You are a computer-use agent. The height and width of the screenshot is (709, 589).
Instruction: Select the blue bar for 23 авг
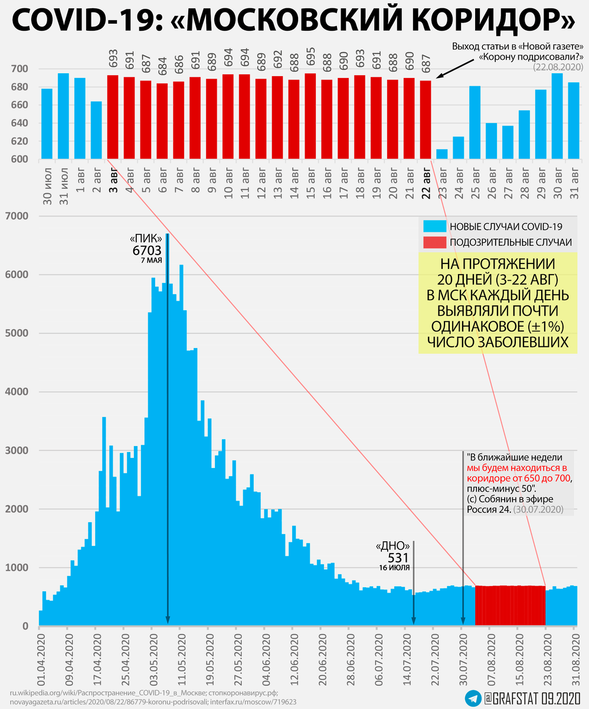click(441, 154)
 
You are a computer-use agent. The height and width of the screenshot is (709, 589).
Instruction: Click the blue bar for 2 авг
click(96, 130)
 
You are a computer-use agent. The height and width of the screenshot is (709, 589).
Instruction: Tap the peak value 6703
click(147, 251)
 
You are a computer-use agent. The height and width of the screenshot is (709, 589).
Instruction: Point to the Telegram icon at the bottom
click(472, 697)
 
